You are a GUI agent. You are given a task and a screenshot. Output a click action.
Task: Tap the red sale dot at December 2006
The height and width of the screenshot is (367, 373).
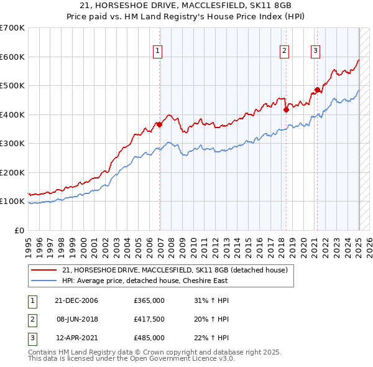(160, 124)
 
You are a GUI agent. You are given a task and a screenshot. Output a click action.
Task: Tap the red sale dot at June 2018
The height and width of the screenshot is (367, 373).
(286, 109)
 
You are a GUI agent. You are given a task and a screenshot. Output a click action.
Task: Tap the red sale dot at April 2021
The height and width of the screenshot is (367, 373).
(317, 90)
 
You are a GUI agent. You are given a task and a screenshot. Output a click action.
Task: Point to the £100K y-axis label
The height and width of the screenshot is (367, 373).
(13, 202)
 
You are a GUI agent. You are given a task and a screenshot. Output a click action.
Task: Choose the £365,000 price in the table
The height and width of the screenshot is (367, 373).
(149, 300)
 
